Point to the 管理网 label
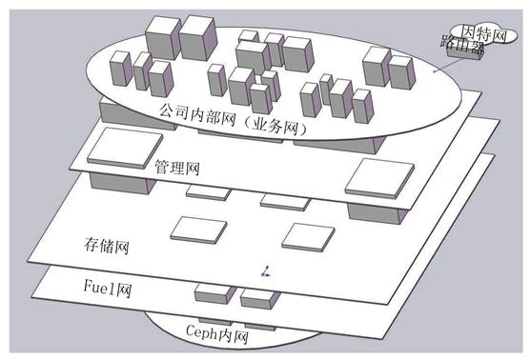coord(176,168)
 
